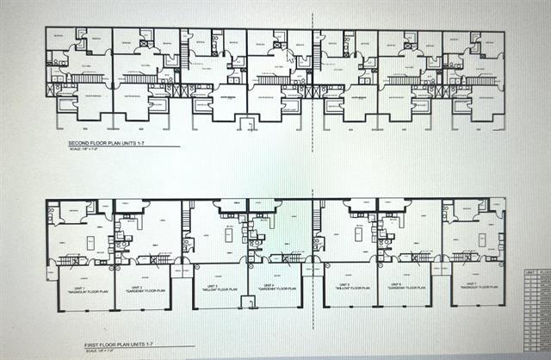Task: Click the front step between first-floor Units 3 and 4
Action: pyautogui.click(x=248, y=301)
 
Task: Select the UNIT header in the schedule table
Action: pyautogui.click(x=530, y=271)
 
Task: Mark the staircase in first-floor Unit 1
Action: pyautogui.click(x=72, y=259)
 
